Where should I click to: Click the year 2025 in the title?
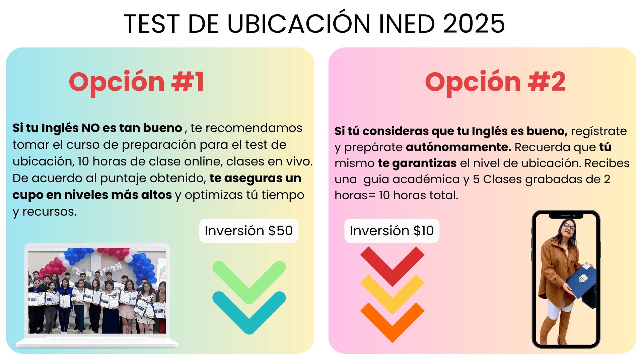point(474,24)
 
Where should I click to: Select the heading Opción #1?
point(137,82)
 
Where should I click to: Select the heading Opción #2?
point(495,82)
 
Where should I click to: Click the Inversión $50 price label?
point(249,231)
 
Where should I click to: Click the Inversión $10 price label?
point(392,231)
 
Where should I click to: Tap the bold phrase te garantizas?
point(417,163)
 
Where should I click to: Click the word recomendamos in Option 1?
point(254,128)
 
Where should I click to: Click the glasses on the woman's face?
point(569,227)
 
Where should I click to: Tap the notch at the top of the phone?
point(566,216)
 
